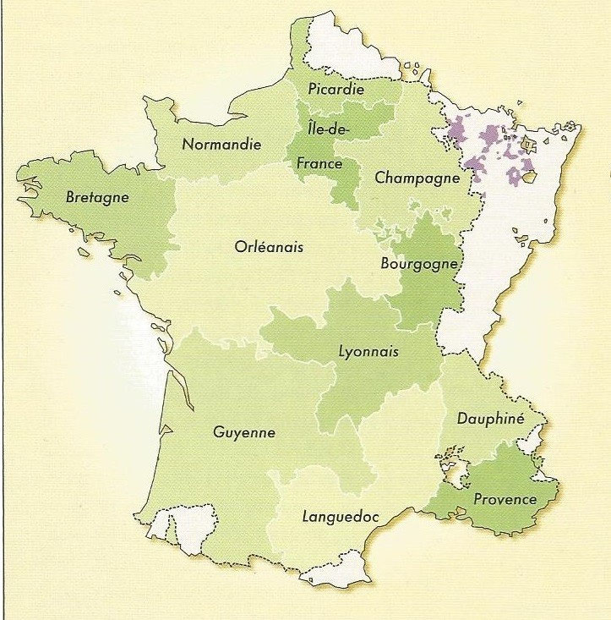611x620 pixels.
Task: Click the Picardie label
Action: (x=336, y=89)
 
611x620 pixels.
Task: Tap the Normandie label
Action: (x=221, y=145)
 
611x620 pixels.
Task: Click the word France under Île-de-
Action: (x=319, y=163)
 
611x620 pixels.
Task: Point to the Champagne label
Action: (x=417, y=178)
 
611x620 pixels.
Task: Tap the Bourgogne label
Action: (x=418, y=263)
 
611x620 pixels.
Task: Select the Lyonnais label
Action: (x=367, y=352)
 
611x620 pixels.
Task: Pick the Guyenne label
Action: (x=244, y=431)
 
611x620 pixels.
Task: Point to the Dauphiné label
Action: (x=490, y=418)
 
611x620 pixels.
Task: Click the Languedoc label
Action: (x=340, y=516)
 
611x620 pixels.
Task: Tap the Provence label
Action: (x=505, y=499)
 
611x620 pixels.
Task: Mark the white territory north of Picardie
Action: (x=338, y=47)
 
